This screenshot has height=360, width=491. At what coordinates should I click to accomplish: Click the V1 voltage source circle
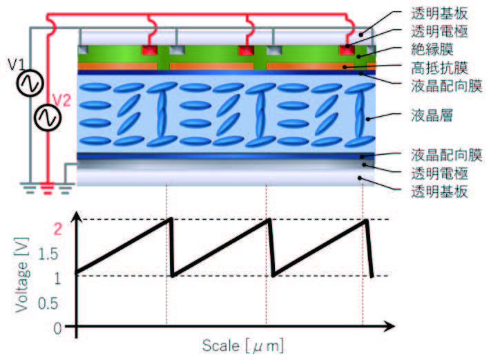coord(30,83)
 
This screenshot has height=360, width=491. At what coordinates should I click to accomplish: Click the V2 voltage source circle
coord(48,117)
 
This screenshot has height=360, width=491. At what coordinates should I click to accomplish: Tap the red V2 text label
coord(61,100)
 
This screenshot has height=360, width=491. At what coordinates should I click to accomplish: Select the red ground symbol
coord(48,189)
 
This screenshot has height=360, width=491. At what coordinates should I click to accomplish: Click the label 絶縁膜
coord(432,50)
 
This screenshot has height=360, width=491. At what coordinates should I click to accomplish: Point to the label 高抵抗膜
coord(439,68)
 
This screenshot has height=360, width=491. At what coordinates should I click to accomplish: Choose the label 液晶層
coord(432,115)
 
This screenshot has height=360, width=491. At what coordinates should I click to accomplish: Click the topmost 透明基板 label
coord(439,13)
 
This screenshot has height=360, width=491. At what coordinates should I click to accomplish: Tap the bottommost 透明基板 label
coord(439,191)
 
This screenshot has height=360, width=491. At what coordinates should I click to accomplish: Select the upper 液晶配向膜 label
coord(447,86)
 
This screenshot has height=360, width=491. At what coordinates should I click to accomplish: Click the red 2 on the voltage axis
coord(58,229)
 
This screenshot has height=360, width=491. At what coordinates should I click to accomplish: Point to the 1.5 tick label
coord(48,254)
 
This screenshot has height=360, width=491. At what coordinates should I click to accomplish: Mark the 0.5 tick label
coord(48,303)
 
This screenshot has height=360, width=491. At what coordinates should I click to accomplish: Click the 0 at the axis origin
coord(57,329)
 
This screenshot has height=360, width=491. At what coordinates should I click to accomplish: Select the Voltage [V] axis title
coord(22,275)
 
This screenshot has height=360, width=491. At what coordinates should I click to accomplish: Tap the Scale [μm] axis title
coord(243,346)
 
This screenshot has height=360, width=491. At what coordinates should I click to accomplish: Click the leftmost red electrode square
coord(149,50)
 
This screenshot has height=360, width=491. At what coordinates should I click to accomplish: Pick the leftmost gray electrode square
coord(83,50)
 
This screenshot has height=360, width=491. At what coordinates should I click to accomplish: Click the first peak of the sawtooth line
coord(171,218)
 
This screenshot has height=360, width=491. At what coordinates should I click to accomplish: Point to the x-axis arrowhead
coord(389,326)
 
